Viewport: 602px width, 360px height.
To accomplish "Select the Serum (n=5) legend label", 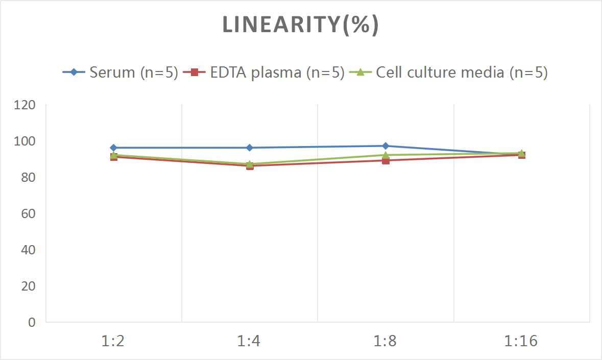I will (x=133, y=73).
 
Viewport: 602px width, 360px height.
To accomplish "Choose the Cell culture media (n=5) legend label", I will (x=462, y=73).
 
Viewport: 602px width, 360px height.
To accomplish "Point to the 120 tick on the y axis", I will (x=26, y=105).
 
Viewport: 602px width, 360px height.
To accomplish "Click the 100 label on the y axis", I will (x=26, y=141).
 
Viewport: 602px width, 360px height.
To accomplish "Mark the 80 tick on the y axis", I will (x=28, y=178).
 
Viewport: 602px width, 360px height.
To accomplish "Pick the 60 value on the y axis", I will (x=28, y=213).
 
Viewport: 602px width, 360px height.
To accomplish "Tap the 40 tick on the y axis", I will (x=28, y=250).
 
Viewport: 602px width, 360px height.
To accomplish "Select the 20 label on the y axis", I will (x=28, y=286).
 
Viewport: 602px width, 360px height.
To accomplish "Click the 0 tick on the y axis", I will (x=32, y=322).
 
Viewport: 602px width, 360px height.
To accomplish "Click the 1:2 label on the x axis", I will (x=113, y=341).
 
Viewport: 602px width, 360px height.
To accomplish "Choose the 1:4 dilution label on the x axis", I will (x=249, y=341).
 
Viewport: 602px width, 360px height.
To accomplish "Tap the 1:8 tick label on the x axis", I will (x=386, y=341).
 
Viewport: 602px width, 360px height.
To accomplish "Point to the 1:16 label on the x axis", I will (x=521, y=341).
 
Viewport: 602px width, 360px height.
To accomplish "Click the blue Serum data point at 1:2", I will (x=113, y=148).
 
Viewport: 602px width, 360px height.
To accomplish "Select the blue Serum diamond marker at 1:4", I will (x=249, y=148).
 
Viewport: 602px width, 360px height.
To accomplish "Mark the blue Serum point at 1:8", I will (x=386, y=146).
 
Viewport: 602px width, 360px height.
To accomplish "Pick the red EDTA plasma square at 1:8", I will (x=386, y=160).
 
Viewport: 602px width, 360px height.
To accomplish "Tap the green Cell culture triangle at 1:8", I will (x=386, y=155).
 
